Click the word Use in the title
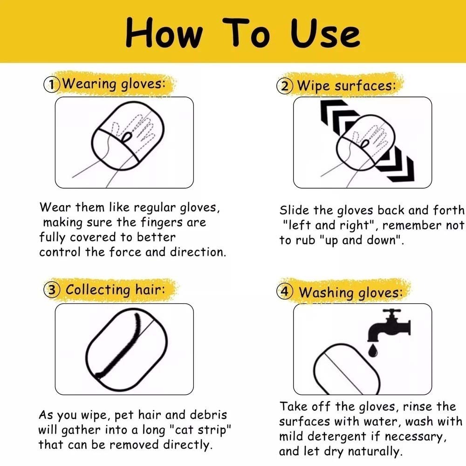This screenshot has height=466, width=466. tap(325, 33)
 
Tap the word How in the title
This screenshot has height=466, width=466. tap(164, 33)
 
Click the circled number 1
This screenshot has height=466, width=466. tap(52, 84)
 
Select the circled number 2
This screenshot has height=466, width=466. tap(285, 86)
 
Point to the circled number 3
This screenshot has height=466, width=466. tap(52, 290)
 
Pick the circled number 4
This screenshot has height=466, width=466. tap(285, 292)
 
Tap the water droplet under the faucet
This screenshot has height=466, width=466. tap(373, 350)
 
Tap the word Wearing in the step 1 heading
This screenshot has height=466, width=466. tap(89, 84)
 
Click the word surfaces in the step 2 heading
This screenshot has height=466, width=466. tap(365, 86)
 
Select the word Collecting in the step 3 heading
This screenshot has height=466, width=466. tap(98, 290)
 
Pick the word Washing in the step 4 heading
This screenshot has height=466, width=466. tap(326, 293)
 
